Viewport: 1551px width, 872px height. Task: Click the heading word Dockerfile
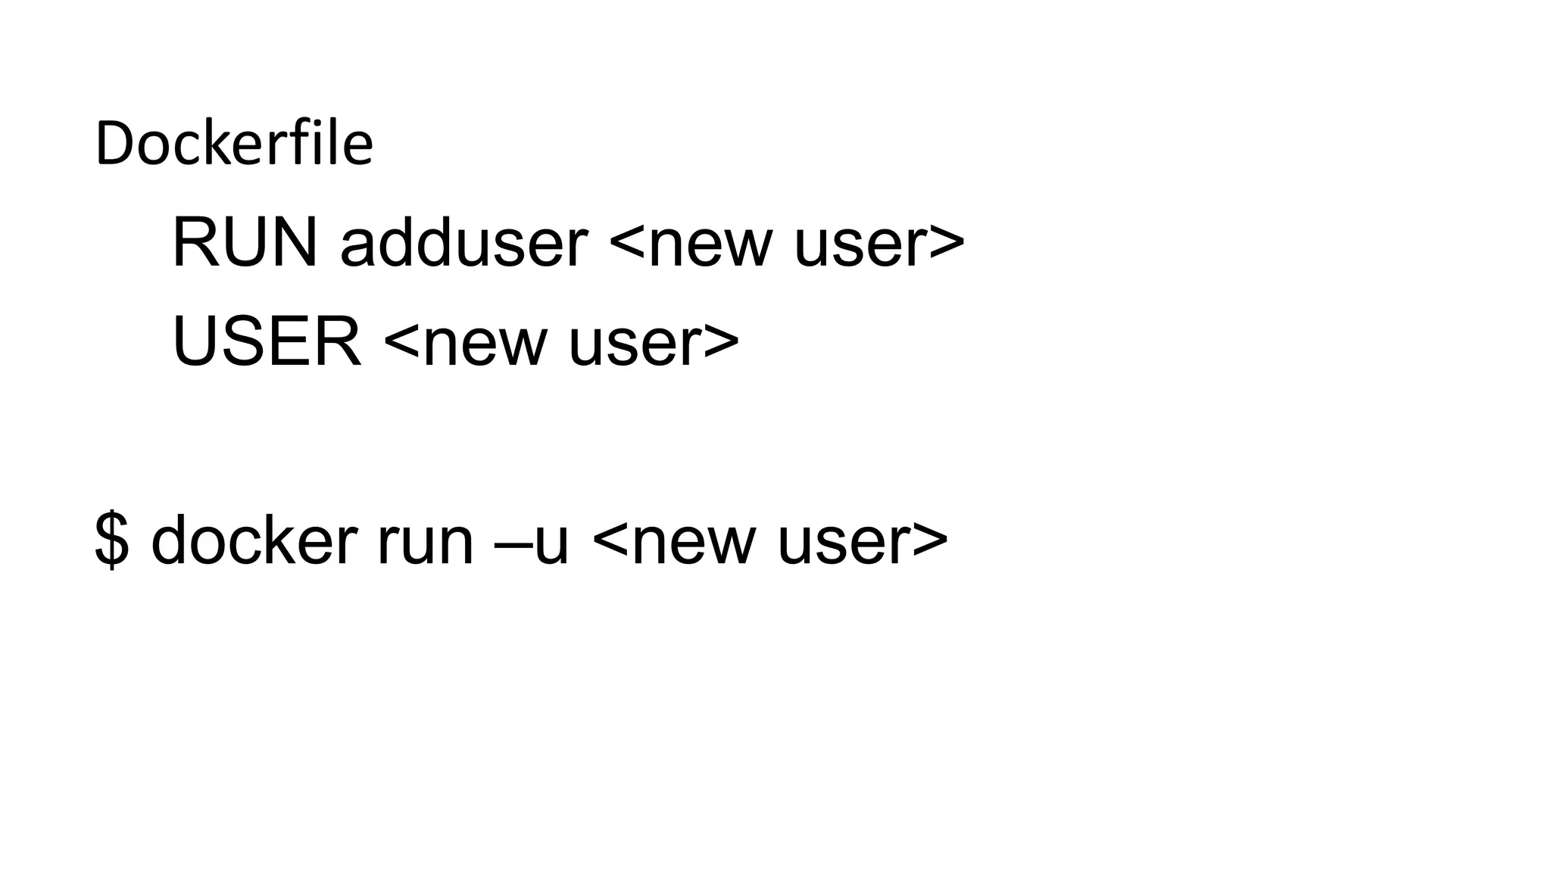click(234, 144)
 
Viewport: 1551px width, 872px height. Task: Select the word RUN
click(244, 243)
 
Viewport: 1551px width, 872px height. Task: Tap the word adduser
click(463, 243)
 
